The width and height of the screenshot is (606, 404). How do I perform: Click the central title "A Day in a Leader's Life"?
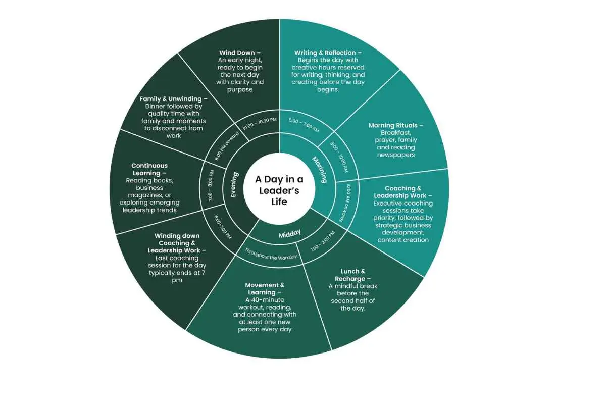pos(279,190)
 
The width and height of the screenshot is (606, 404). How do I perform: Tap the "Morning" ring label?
pos(320,170)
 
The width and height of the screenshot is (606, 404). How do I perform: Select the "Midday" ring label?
pos(290,234)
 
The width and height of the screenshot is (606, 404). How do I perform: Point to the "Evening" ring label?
pos(234,185)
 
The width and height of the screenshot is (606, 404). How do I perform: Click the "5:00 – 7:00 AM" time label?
pos(304,125)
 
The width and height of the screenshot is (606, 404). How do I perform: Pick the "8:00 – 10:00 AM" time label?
pos(339,157)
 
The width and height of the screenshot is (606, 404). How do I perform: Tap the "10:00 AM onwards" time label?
pos(345,203)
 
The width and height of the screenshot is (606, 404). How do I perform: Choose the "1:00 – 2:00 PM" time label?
pos(323,241)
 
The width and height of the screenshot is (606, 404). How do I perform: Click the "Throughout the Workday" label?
pos(271,254)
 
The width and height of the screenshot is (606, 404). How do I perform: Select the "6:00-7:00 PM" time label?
pos(223,227)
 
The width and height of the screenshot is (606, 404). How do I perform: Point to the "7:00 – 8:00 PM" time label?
pos(211,186)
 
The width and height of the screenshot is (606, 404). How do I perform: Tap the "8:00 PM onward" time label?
pos(227,146)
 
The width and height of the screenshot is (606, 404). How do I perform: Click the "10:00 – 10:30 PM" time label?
pos(260,124)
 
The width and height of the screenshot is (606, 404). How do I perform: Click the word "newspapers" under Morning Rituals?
pos(396,155)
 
